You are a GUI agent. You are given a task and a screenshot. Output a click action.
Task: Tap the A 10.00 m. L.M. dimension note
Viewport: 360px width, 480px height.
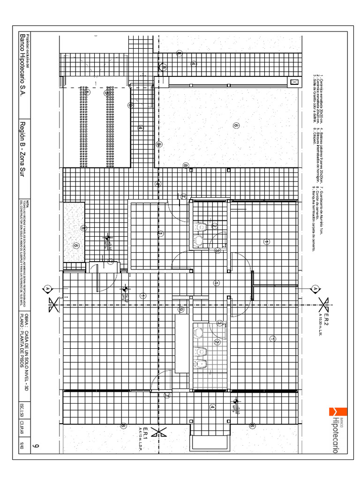[x=320, y=324]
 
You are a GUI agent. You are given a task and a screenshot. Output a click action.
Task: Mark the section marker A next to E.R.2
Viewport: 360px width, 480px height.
[x=315, y=289]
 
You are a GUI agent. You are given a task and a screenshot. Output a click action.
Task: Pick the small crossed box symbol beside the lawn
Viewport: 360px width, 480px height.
[x=294, y=82]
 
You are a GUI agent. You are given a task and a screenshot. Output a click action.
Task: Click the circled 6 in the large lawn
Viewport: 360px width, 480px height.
[x=236, y=126]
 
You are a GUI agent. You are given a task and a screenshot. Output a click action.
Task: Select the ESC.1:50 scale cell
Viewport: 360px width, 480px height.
[x=22, y=411]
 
